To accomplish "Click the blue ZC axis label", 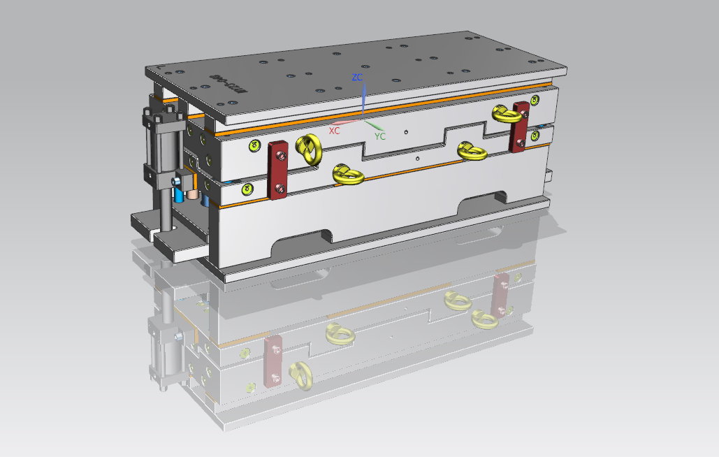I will pos(356,77).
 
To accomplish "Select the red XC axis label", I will pos(335,131).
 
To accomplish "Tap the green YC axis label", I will pos(380,136).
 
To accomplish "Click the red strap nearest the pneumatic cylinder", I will pos(278,169).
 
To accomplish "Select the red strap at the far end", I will pos(519,126).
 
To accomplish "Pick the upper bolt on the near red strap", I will pos(278,152).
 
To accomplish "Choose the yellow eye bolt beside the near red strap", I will pos(308,149).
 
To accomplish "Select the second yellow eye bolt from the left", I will pos(346,175).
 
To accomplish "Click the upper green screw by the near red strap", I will pos(253,145).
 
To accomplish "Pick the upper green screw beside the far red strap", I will pos(535,101).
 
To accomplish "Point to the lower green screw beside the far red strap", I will pos(535,136).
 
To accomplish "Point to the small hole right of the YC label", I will pos(406,131).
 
